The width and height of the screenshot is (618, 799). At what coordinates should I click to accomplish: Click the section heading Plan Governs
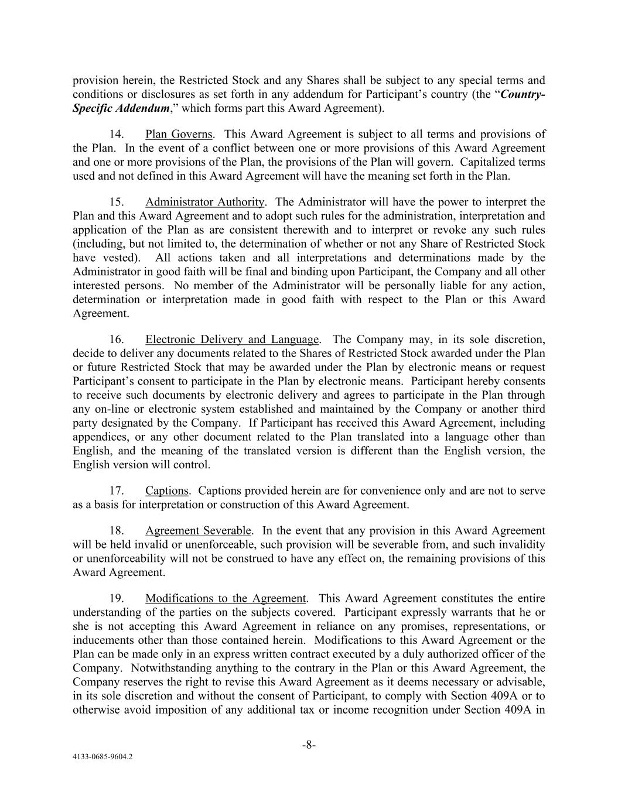179,135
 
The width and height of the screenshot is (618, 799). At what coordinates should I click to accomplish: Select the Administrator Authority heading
205,203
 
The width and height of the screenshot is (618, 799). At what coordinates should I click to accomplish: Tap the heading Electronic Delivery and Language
232,340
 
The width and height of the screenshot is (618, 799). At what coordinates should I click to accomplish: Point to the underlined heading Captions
167,491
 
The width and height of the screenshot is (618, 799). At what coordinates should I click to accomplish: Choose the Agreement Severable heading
198,531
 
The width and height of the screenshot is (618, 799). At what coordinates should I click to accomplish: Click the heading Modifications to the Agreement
226,599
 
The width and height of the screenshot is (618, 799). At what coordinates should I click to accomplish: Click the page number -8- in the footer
309,745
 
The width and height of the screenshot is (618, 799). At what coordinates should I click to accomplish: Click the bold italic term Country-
523,95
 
